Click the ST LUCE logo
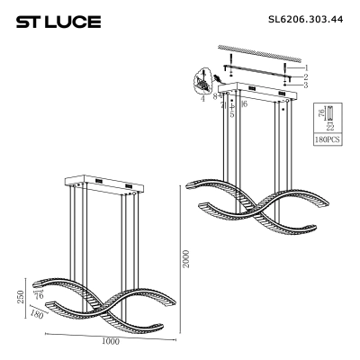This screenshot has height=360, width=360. pos(58,22)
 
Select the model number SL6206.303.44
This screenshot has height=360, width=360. pos(306,20)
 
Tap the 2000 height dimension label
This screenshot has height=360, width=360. pos(186,259)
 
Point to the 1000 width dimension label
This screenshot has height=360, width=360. pos(111,341)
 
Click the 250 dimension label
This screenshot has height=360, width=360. pos(21,297)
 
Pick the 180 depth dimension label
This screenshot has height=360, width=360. pos(37,314)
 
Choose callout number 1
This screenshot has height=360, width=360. pos(306,67)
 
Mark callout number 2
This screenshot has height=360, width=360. pos(306,76)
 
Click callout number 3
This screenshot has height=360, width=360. pos(306,85)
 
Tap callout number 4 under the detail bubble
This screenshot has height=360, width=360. pos(203,98)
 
